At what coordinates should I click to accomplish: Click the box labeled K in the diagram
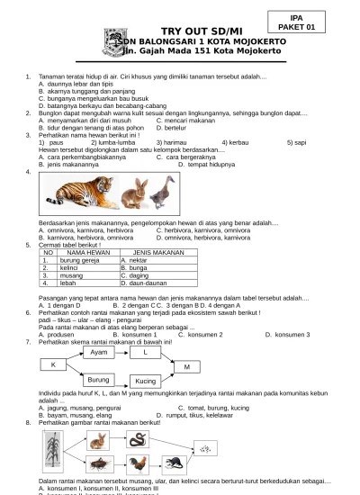53,363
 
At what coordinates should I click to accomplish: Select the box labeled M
186,366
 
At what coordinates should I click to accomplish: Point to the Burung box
97,381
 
